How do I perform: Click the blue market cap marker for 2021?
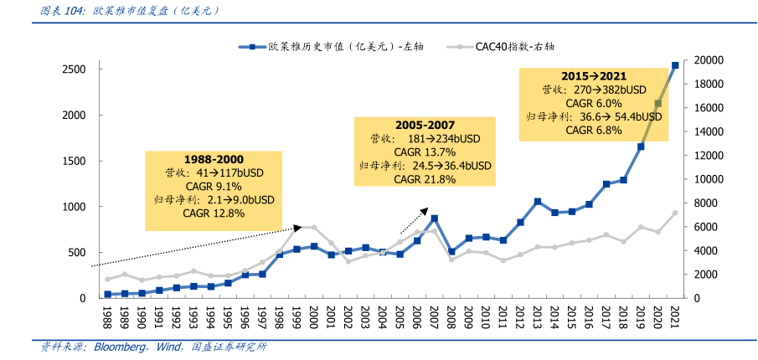[675, 65]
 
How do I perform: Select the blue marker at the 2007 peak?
[434, 219]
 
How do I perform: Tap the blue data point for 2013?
[538, 202]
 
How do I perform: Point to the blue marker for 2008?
[451, 251]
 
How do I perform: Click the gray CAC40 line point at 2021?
[675, 213]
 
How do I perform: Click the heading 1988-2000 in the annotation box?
[214, 158]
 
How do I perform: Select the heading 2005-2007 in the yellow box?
[425, 124]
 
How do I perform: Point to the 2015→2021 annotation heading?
[594, 75]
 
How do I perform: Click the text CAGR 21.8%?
[425, 179]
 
